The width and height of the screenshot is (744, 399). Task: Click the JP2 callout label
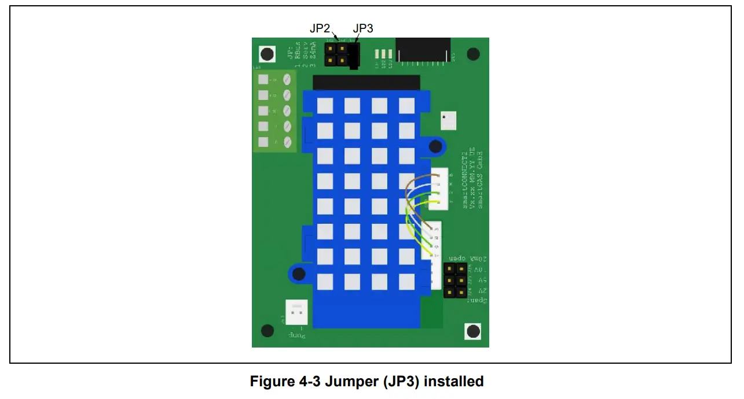coord(320,28)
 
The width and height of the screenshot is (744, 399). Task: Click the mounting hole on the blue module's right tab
coord(432,147)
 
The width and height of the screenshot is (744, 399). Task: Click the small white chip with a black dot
coord(448,120)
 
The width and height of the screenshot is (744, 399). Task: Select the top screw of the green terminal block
coord(287,80)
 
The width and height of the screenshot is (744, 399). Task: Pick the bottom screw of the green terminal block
coord(287,142)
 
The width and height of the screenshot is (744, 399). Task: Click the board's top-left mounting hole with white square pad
coord(266,54)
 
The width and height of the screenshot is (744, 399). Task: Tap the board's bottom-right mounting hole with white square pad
coord(473,331)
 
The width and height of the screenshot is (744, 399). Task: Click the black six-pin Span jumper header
coord(455,280)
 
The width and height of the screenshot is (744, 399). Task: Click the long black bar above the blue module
coord(366,82)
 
